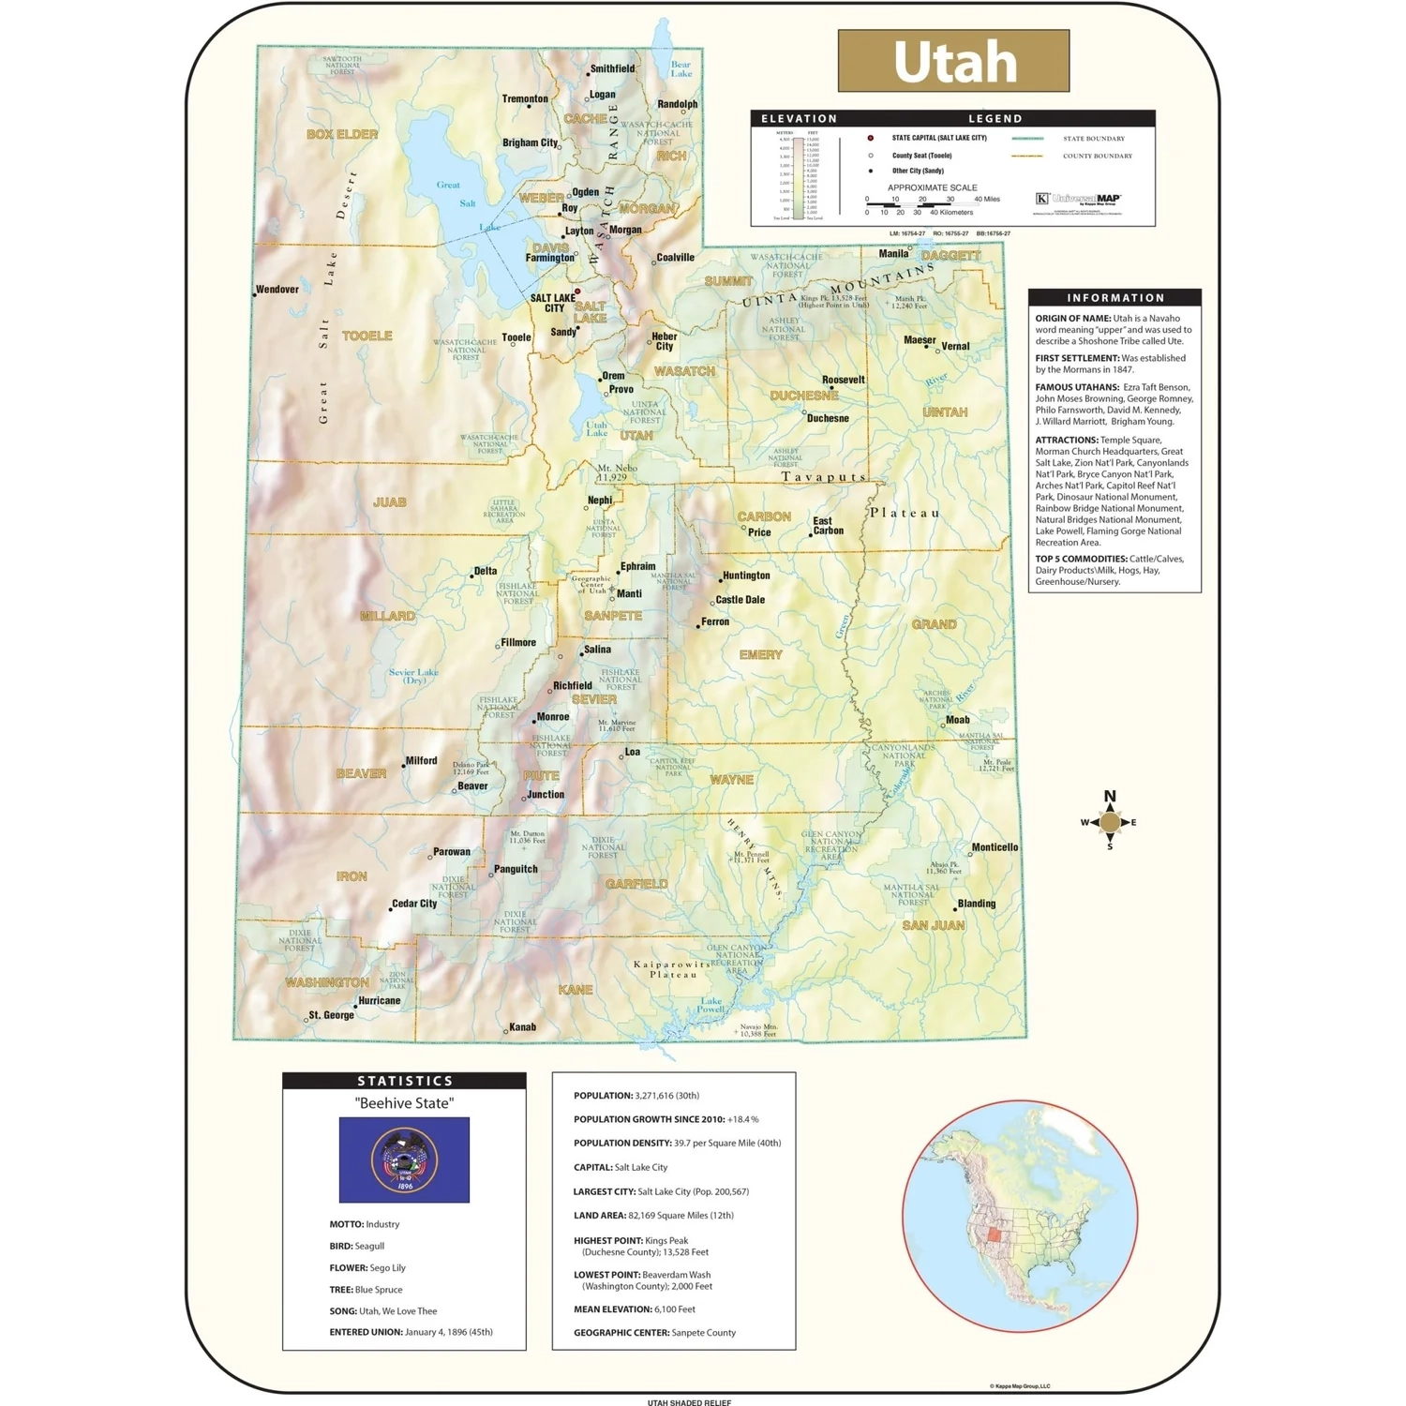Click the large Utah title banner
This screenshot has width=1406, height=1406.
[x=953, y=61]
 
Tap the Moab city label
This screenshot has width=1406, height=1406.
[x=957, y=720]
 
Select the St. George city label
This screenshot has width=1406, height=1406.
[x=331, y=1015]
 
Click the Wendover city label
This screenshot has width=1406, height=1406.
[x=277, y=290]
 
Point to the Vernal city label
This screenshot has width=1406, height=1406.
[x=955, y=346]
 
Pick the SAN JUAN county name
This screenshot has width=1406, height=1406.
[x=933, y=925]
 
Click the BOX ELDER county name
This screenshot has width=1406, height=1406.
[x=342, y=134]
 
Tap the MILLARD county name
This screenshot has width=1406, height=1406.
[x=387, y=616]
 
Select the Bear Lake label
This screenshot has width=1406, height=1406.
[x=681, y=69]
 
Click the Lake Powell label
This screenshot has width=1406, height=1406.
[x=711, y=1005]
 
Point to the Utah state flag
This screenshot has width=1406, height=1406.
[x=404, y=1159]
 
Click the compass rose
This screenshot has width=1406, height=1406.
[x=1110, y=822]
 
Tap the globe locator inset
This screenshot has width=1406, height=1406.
[x=1020, y=1216]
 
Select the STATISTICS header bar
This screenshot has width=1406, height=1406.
[x=404, y=1081]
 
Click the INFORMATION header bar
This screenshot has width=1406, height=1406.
[x=1114, y=297]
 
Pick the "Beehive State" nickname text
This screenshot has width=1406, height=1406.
[x=404, y=1103]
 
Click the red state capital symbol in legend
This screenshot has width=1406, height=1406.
[x=871, y=138]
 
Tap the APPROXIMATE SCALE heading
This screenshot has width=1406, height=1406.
[x=932, y=187]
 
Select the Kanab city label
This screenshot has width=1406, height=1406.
[x=522, y=1027]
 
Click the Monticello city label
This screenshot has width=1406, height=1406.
[x=995, y=847]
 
